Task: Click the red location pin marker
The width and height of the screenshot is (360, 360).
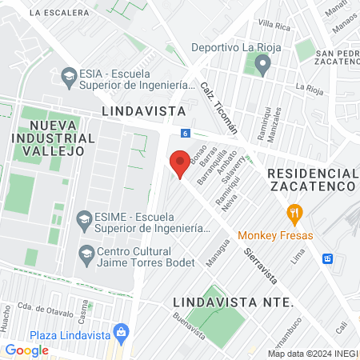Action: point(181,162)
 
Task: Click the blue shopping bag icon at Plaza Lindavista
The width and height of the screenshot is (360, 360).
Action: point(121,330)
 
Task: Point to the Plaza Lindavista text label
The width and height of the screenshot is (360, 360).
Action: point(70,335)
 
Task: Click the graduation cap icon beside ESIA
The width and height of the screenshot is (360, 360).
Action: point(68,76)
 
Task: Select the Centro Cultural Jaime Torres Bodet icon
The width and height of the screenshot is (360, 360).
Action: point(86,254)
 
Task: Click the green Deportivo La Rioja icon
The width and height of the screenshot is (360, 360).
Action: point(259,64)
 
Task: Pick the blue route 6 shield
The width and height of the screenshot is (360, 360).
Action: point(185,133)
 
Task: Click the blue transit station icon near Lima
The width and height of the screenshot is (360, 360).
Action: point(327,258)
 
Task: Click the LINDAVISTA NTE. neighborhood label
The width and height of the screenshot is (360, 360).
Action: point(233,302)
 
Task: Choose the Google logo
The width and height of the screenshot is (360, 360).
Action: point(27,350)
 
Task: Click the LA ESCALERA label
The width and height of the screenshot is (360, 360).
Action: point(60,13)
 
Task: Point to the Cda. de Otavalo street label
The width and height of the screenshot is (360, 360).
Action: point(46,307)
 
